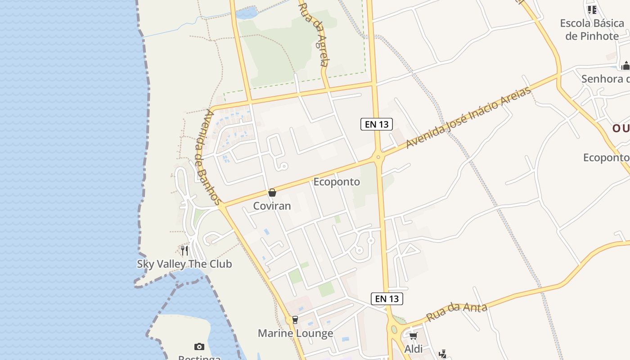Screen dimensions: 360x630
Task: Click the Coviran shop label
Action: [272, 206]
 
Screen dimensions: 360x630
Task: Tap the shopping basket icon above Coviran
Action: [272, 193]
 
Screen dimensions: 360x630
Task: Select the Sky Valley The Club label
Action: [184, 264]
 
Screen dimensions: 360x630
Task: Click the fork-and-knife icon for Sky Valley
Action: [184, 250]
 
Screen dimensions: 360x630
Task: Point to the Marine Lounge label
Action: [295, 333]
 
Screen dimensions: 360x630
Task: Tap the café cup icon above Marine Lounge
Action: [295, 320]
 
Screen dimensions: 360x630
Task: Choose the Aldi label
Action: [413, 349]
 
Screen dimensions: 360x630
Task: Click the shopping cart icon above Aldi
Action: [413, 336]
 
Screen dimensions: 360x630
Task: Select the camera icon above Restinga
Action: [199, 346]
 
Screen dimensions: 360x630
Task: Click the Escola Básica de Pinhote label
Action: [592, 30]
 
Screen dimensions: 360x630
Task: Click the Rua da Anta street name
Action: [456, 312]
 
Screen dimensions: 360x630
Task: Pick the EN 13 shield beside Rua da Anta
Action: [387, 298]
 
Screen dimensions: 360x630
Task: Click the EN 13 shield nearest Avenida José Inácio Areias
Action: [377, 124]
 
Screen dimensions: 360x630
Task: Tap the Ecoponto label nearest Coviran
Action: [337, 182]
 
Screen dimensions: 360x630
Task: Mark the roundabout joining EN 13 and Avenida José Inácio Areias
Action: [378, 157]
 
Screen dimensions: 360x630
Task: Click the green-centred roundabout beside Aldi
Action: [394, 329]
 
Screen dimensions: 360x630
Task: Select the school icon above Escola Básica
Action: [592, 9]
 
